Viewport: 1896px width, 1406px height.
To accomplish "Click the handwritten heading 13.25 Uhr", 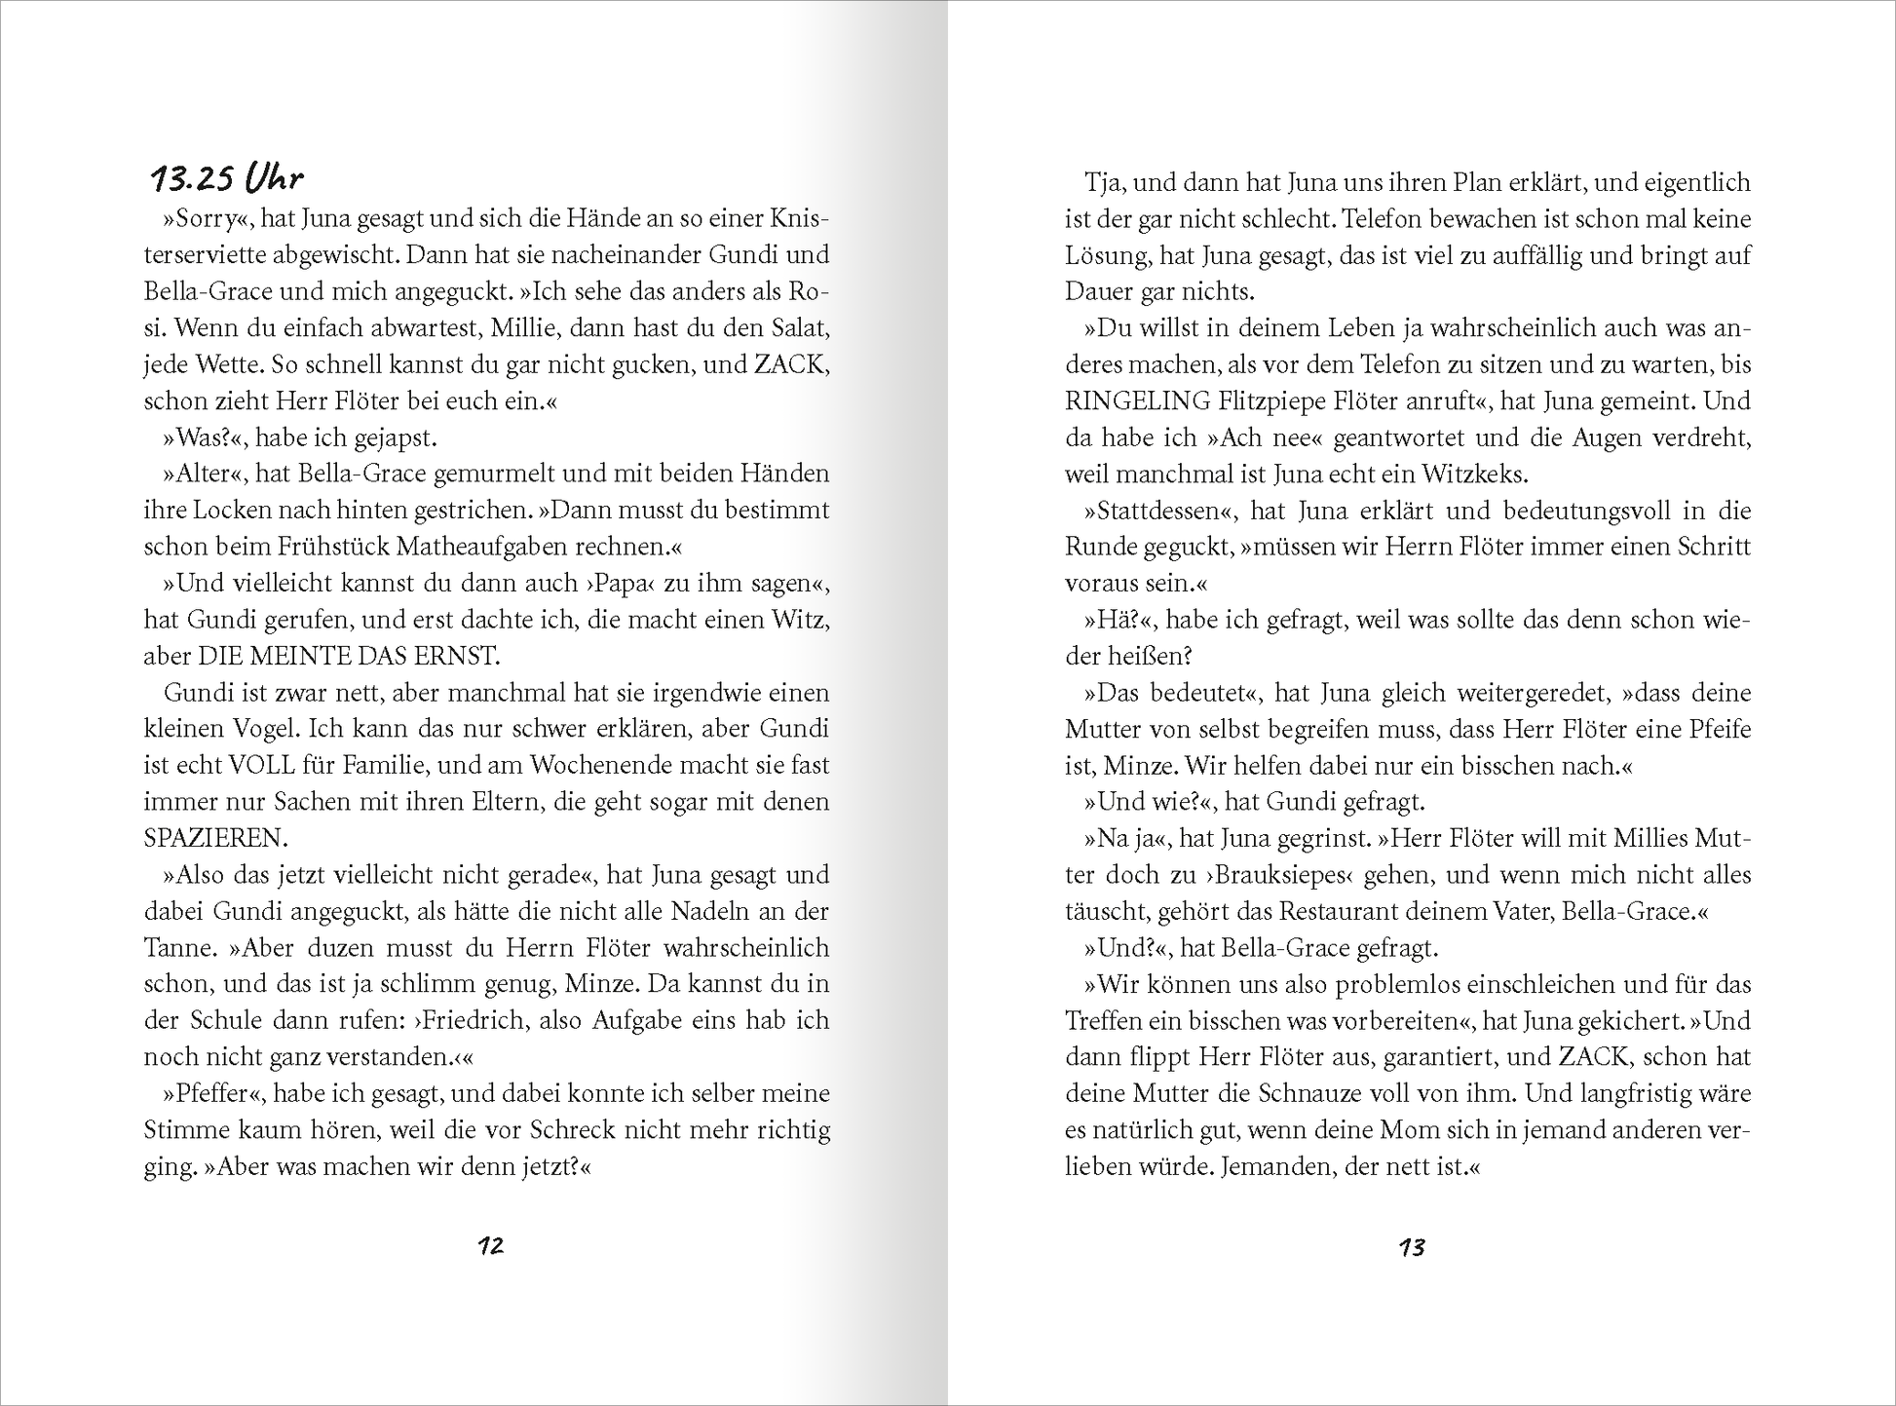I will click(226, 179).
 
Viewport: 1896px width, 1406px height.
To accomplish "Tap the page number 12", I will click(490, 1245).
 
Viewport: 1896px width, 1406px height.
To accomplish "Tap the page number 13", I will click(1412, 1247).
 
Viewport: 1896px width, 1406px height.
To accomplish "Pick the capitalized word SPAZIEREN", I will click(216, 838).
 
